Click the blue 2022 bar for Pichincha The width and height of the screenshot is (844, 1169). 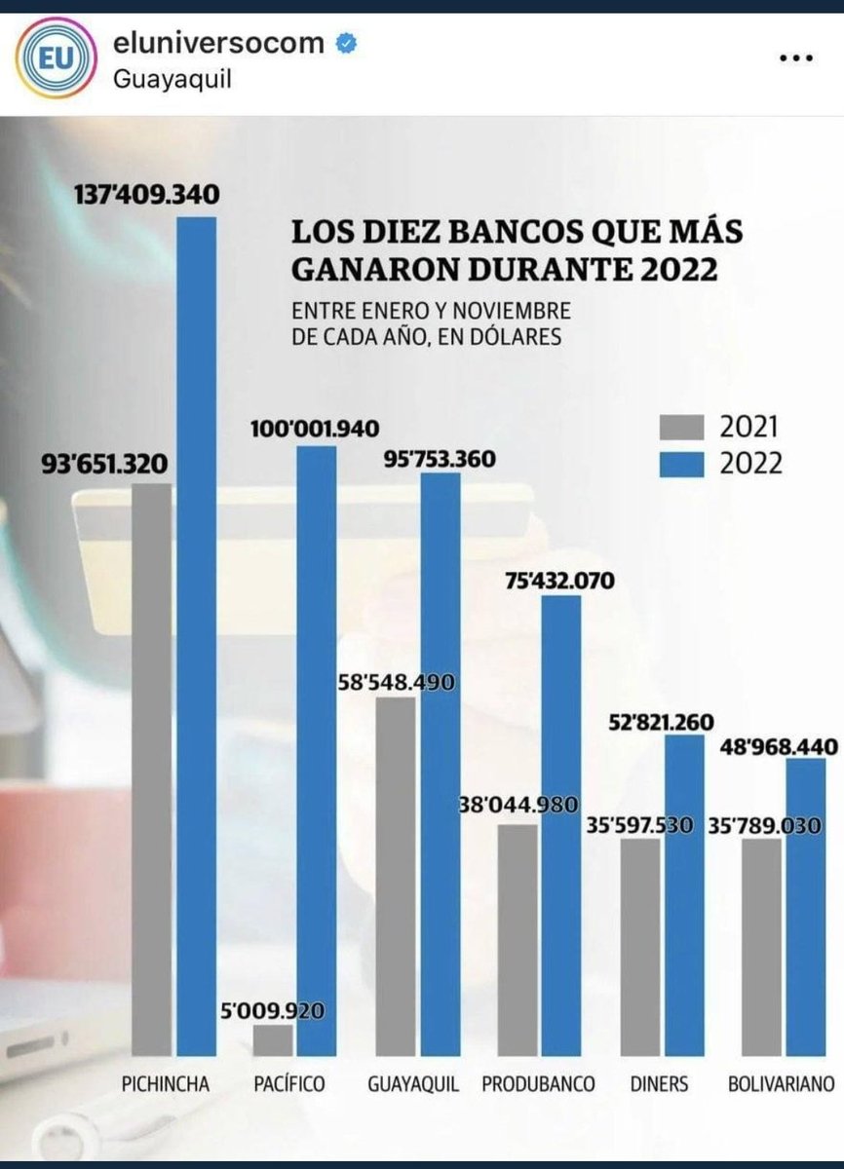(x=196, y=633)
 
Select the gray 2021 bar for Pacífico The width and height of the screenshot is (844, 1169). (x=273, y=1040)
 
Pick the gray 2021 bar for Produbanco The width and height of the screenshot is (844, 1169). (x=517, y=940)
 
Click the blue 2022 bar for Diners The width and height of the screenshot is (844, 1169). (x=684, y=896)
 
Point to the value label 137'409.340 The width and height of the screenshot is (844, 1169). (x=148, y=195)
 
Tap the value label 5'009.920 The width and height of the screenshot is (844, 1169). (x=274, y=1010)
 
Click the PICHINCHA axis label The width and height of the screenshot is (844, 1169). (x=166, y=1083)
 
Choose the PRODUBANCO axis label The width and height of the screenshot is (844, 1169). (x=538, y=1083)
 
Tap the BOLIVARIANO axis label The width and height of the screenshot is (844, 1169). (x=782, y=1083)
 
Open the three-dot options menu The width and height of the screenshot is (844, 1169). (x=796, y=57)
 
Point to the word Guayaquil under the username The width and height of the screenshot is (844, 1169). (x=173, y=79)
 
